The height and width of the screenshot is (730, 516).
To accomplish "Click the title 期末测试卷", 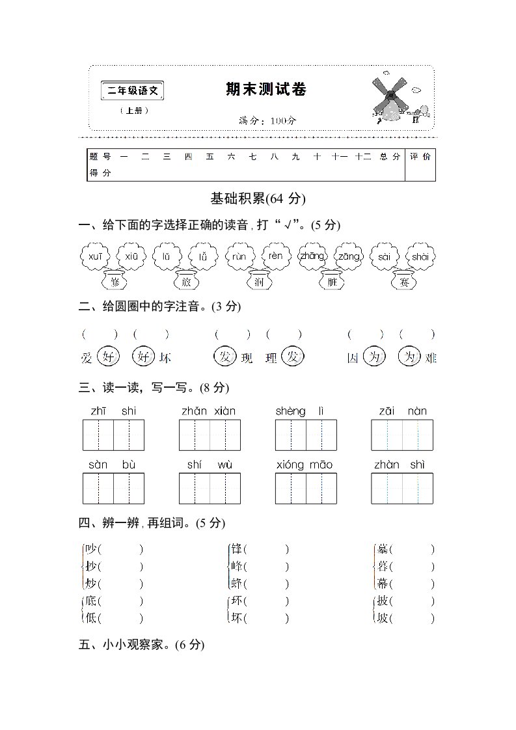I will [265, 90].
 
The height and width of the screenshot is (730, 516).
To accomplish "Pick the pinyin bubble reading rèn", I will [276, 256].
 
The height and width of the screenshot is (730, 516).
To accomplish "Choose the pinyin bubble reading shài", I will [420, 256].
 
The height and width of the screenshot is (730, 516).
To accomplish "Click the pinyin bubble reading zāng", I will [349, 256].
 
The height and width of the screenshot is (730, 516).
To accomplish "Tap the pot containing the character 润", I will [259, 281].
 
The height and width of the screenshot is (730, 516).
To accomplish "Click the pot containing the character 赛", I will [405, 281].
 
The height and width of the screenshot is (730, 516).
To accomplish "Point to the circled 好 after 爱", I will [107, 357].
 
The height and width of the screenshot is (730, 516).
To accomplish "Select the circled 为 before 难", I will [409, 357].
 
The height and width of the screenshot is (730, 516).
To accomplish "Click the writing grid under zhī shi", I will [113, 435].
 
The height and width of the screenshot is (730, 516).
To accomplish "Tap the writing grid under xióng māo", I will [306, 489].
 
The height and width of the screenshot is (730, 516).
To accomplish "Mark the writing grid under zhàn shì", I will [402, 489].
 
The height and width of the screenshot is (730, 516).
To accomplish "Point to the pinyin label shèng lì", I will [300, 411].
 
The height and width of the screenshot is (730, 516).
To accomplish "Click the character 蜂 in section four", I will [237, 584].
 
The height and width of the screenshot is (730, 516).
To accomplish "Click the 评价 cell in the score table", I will [420, 157].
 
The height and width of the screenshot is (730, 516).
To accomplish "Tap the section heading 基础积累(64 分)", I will [258, 198].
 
